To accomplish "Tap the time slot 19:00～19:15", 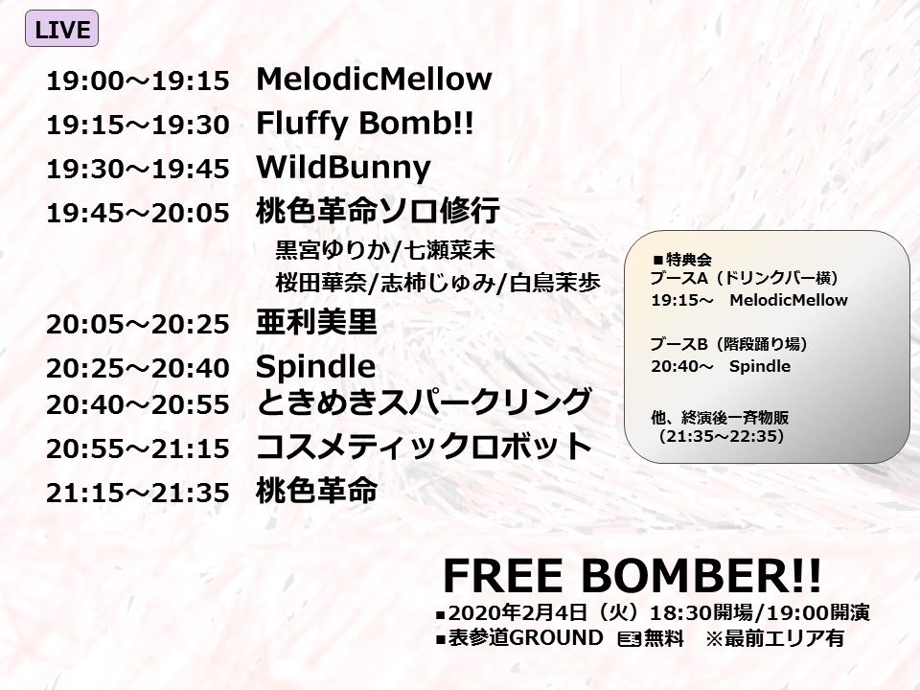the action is tap(138, 80).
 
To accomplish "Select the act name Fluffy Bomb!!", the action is tap(364, 125).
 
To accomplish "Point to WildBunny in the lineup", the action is tap(343, 169).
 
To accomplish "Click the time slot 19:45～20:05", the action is tap(138, 214).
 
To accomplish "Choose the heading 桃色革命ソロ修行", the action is tap(378, 211).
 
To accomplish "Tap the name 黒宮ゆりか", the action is tap(333, 250).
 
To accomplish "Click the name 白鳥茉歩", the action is tap(555, 283).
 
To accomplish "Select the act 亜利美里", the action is tap(317, 322).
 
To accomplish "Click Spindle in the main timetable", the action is tap(315, 367).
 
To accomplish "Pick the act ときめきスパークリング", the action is tap(424, 402).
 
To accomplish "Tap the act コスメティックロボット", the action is tap(424, 447).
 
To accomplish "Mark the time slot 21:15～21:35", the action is tap(138, 493).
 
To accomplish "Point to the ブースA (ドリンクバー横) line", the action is tap(744, 278).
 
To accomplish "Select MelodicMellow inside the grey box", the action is tap(789, 300).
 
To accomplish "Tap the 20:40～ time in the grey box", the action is tap(681, 367).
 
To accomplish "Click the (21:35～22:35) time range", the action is tap(721, 437).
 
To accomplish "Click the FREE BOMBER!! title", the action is tap(632, 576).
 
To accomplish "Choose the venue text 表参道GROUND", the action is tap(526, 638).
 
